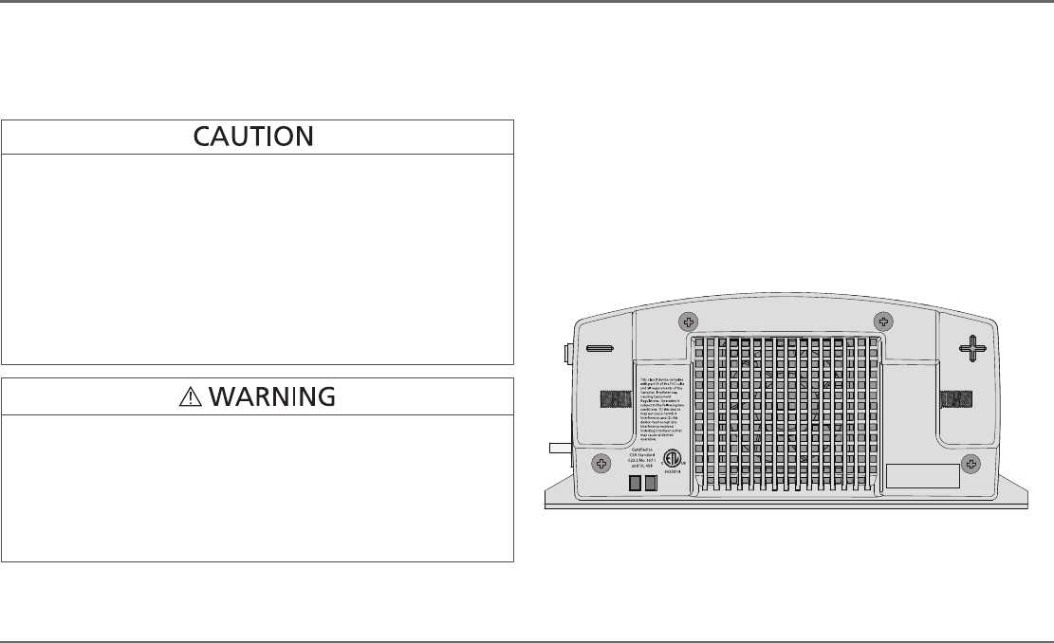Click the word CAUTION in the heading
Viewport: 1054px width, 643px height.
point(253,138)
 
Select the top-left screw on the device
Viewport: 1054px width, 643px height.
point(691,320)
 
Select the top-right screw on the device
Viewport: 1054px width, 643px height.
point(881,320)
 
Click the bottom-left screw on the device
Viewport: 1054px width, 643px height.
point(601,463)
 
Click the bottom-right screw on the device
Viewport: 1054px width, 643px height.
point(971,463)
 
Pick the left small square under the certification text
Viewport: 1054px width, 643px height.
point(637,484)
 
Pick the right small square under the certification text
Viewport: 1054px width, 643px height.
point(652,484)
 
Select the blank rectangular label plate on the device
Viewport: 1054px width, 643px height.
point(921,476)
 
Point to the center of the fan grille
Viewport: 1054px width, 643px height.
point(786,413)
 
